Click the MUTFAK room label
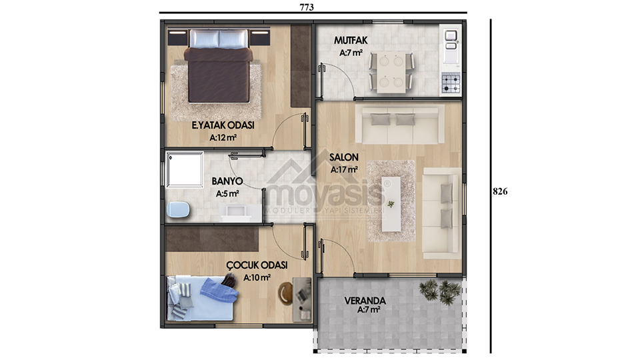click(x=351, y=41)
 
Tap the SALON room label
click(x=344, y=157)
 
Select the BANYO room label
click(x=227, y=181)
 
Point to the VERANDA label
click(x=365, y=301)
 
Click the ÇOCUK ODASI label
click(x=257, y=265)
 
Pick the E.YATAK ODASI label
click(x=223, y=125)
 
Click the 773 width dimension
click(x=307, y=7)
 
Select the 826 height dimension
click(x=500, y=191)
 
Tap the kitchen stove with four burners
click(x=451, y=83)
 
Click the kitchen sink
click(x=451, y=41)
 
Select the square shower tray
click(x=185, y=170)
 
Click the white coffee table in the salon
click(x=391, y=204)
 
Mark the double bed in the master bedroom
click(x=219, y=67)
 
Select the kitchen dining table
click(x=391, y=72)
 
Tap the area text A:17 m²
click(x=344, y=169)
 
